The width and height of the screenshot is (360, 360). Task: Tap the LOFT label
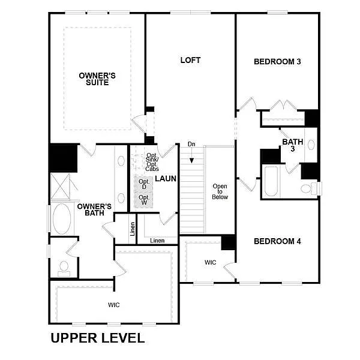coord(190,61)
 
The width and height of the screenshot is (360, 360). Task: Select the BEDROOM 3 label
coord(277,61)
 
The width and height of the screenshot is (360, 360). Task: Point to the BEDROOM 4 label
coord(277,241)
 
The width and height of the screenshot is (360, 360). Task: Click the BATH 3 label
coord(293,145)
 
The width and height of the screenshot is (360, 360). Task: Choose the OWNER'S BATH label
coord(91,209)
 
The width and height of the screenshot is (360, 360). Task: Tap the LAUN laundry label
coord(165,179)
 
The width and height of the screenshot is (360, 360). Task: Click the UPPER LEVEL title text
coord(97,338)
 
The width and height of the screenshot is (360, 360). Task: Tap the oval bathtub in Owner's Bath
coord(61,220)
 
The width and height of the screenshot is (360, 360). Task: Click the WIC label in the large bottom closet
coord(114,305)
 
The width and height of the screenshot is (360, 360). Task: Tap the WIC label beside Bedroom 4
coord(210,262)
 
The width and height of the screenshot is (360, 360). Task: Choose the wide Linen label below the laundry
coord(157,240)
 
